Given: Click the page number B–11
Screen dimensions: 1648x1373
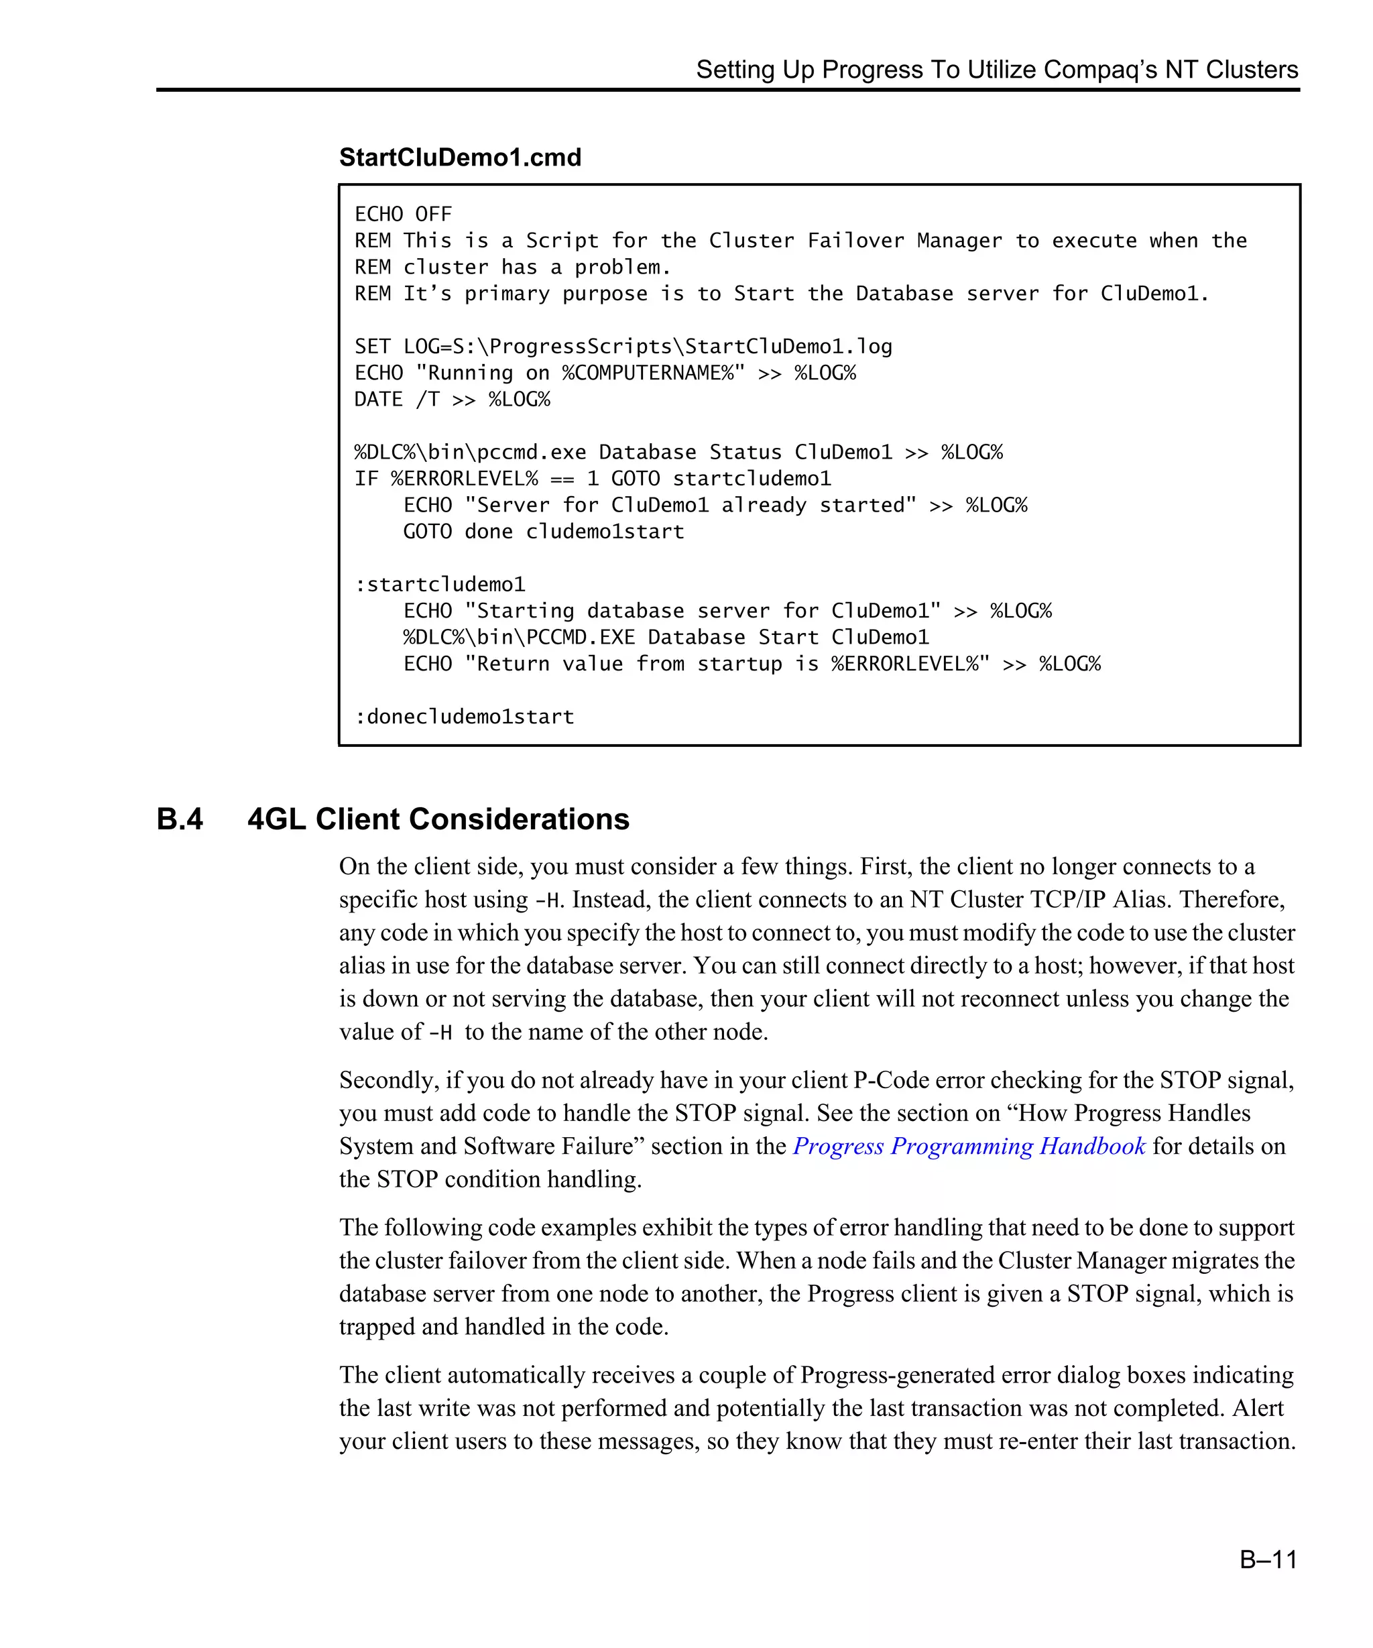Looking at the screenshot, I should coord(1267,1559).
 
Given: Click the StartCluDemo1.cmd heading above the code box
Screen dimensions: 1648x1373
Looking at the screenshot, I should coord(460,158).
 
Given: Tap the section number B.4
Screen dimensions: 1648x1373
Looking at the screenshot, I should coord(180,819).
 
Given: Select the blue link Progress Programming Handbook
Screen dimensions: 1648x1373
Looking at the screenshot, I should coord(969,1146).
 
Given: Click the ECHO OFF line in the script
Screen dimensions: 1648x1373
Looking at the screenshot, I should coord(404,215).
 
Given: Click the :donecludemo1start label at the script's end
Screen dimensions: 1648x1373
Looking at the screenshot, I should coord(464,717).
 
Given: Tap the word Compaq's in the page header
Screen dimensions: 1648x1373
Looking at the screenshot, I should coord(1100,70).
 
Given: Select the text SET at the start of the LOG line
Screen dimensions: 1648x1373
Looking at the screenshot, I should coord(372,347).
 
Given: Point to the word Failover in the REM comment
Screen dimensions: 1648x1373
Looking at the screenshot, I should coord(855,241).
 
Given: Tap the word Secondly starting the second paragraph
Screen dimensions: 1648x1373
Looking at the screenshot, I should coord(388,1081).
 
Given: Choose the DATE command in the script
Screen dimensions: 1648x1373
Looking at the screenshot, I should coord(378,400).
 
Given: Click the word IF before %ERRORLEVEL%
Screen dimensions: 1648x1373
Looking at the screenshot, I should coord(367,479).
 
